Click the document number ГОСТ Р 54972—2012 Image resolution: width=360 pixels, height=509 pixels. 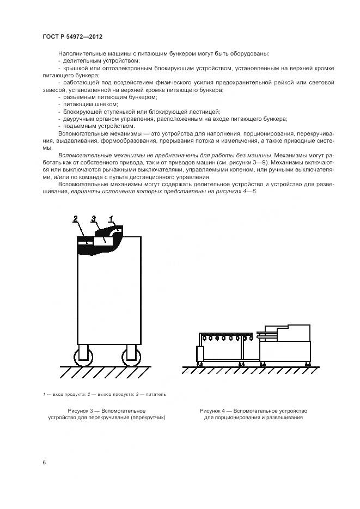pos(72,36)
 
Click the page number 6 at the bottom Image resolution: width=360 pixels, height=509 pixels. pos(44,462)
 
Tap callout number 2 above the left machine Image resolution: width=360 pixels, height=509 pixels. pos(76,218)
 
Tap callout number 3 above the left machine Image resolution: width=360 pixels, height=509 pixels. pos(94,218)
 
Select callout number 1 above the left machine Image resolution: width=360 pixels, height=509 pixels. pos(111,218)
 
